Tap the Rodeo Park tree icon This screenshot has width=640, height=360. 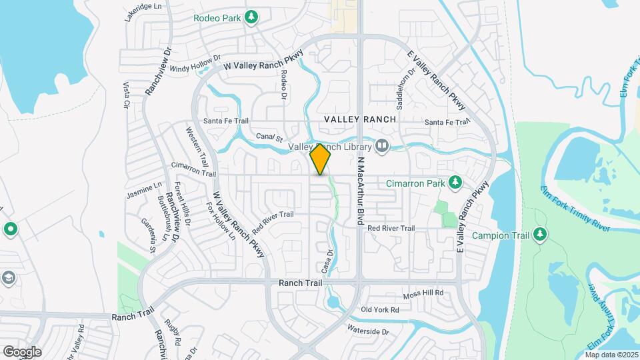(251, 17)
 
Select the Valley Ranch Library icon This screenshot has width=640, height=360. (382, 145)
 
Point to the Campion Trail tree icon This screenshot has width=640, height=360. (540, 234)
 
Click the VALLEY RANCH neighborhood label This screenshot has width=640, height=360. (360, 119)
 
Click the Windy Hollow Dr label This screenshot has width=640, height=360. (195, 63)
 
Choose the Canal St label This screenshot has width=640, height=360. (270, 137)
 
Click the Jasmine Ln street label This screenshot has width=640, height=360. (144, 190)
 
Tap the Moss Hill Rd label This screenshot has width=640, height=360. (423, 294)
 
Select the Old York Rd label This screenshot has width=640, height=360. (379, 310)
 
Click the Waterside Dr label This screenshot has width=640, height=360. (367, 330)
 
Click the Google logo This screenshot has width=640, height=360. (22, 351)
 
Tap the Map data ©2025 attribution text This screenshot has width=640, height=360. (611, 355)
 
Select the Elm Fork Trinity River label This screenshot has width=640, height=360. (575, 209)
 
